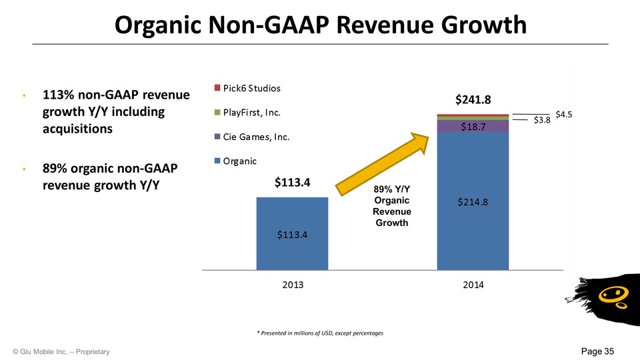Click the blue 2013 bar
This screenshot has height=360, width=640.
292,233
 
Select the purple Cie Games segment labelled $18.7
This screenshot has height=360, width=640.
473,126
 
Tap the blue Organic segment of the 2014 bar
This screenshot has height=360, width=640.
473,200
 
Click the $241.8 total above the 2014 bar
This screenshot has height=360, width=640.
473,100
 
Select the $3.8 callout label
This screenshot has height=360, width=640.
542,121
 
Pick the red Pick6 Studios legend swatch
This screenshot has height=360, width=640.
217,88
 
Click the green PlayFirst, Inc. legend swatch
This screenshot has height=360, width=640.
217,113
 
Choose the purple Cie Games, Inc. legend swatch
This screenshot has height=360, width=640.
217,137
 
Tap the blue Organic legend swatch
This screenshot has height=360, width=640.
217,161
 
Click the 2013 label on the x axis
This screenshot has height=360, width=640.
293,284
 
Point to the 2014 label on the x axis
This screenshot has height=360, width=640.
473,284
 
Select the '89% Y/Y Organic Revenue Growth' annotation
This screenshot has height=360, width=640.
392,207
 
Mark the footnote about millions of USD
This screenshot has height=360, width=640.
321,332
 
